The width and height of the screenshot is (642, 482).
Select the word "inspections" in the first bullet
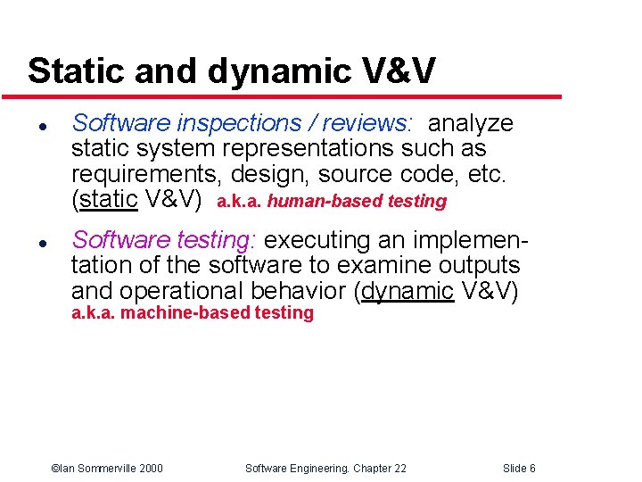231,123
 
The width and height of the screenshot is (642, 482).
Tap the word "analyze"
471,123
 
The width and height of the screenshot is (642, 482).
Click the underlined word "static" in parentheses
108,199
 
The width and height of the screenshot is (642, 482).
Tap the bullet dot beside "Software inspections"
31,124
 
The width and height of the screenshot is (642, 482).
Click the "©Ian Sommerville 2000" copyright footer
107,469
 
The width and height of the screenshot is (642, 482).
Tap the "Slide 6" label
519,469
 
